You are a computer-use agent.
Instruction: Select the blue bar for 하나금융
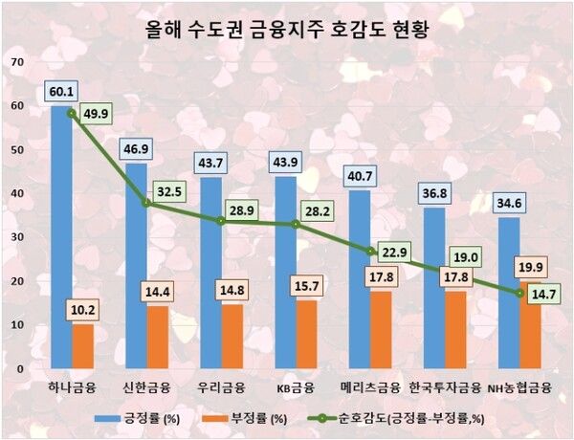click(x=61, y=239)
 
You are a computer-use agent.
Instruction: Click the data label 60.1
click(x=61, y=92)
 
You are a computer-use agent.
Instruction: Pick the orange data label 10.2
click(x=83, y=309)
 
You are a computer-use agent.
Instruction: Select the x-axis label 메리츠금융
click(x=370, y=387)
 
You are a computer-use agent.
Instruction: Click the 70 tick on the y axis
click(x=16, y=62)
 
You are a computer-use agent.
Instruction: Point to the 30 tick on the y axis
click(x=16, y=237)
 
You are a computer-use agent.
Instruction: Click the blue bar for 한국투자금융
click(x=434, y=287)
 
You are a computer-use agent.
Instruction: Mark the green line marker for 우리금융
click(x=221, y=220)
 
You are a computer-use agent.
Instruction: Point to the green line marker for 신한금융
click(x=146, y=203)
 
